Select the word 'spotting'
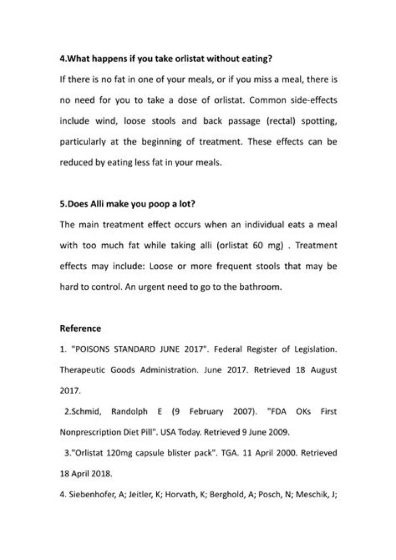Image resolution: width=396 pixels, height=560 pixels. point(314,120)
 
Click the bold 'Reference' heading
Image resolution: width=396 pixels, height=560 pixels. point(80,328)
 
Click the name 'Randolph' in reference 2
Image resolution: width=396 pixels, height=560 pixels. point(130,411)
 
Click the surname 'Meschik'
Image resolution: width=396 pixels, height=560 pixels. point(313,495)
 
